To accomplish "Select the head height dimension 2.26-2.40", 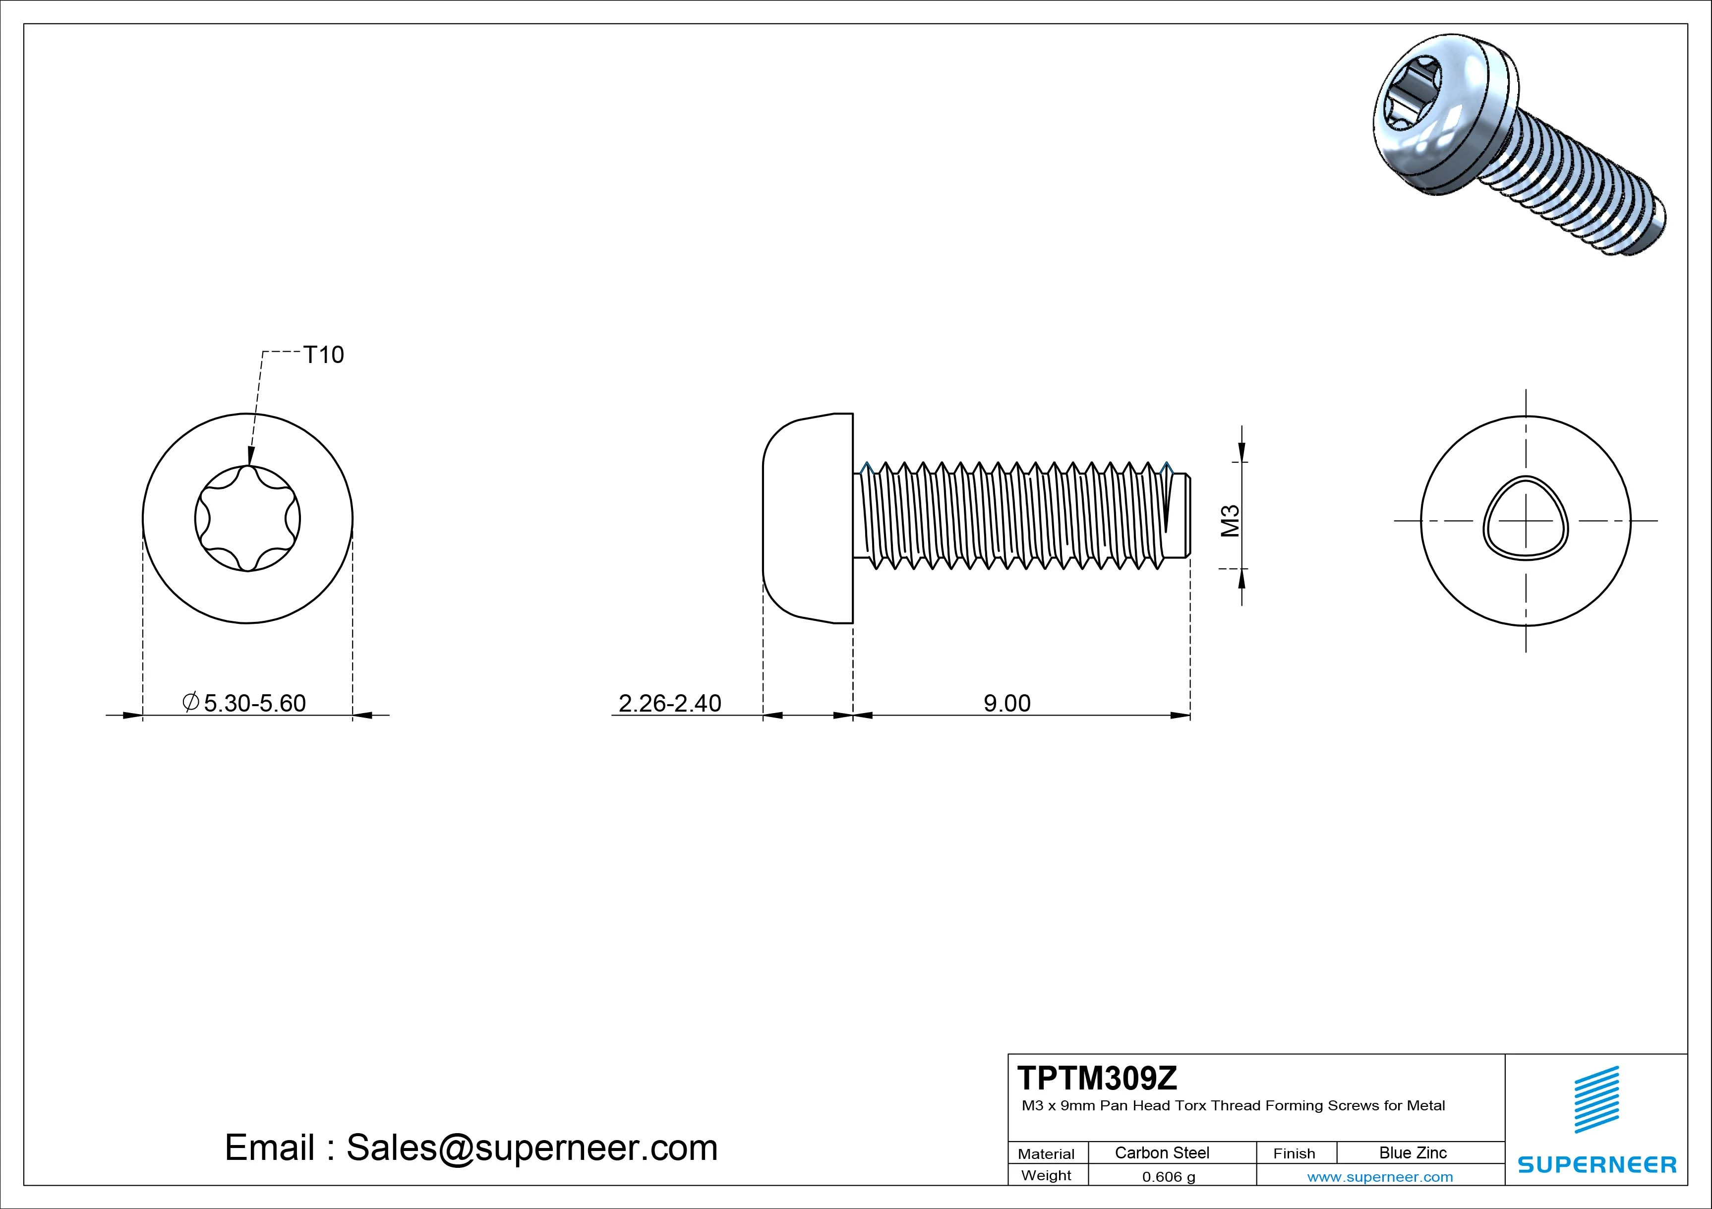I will point(670,703).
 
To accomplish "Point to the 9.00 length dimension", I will point(1006,703).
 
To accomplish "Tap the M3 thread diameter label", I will point(1230,521).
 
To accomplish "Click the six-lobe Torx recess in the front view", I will point(247,519).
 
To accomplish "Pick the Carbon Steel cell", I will point(1162,1153).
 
